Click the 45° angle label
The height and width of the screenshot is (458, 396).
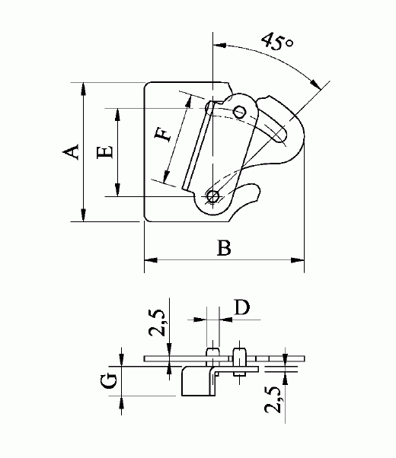[x=276, y=42]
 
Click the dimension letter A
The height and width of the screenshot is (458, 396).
[x=71, y=151]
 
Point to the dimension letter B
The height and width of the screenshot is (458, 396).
[x=225, y=248]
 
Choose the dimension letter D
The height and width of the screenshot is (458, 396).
[x=242, y=307]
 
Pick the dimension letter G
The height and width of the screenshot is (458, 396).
[x=110, y=381]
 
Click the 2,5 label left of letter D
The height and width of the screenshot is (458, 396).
[x=158, y=322]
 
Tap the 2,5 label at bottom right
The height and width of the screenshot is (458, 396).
[x=273, y=400]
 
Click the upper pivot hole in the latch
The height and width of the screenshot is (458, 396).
[x=240, y=112]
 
